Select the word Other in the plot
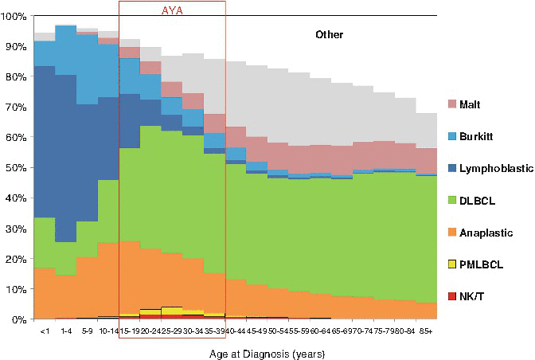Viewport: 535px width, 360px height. [330, 35]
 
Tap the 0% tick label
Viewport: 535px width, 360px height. [19, 319]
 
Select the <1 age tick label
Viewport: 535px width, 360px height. [43, 328]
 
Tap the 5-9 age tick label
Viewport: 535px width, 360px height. [87, 328]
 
